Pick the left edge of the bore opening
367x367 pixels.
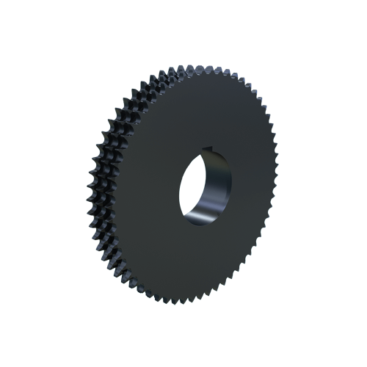click(179, 192)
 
